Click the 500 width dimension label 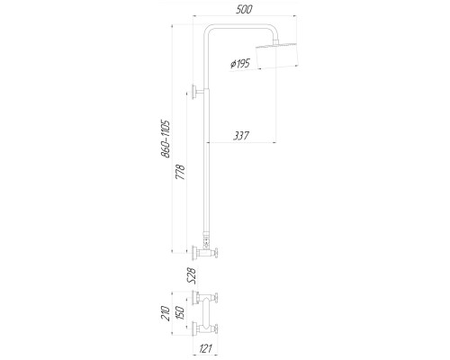[x=244, y=9]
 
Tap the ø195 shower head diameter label [x=240, y=64]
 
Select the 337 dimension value [x=241, y=136]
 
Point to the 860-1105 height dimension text [x=166, y=139]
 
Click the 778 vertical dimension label [x=180, y=172]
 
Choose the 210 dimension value [x=166, y=313]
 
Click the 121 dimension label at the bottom [x=205, y=348]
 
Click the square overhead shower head [x=277, y=56]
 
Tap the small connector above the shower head [x=276, y=42]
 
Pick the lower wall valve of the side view [x=206, y=253]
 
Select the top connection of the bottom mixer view [x=206, y=298]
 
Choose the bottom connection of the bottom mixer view [x=206, y=329]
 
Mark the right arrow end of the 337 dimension [x=275, y=142]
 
